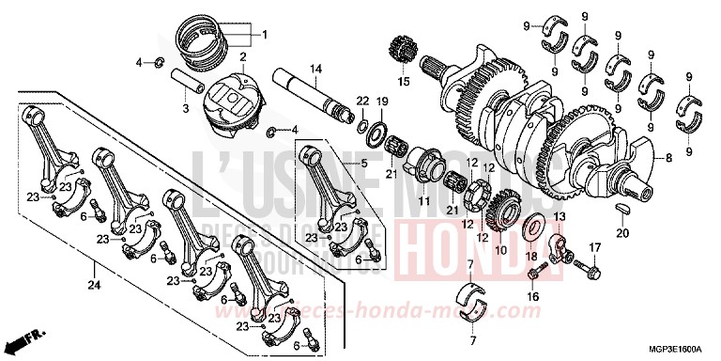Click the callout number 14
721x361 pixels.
[x=316, y=69]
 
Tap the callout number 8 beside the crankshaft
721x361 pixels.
[x=669, y=160]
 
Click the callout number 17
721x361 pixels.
[x=593, y=247]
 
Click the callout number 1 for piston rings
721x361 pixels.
[x=265, y=36]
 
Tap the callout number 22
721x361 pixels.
[x=361, y=101]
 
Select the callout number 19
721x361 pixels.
[x=382, y=101]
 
